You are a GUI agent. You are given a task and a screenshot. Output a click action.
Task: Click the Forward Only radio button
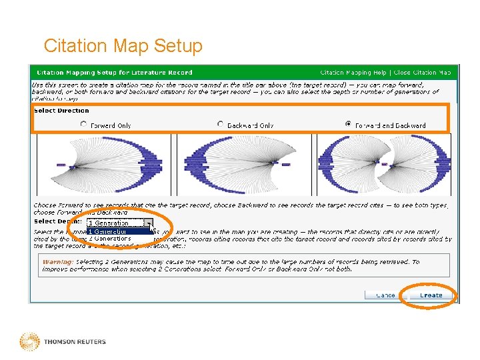tap(83, 124)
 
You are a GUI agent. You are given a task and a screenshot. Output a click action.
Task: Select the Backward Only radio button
tap(221, 124)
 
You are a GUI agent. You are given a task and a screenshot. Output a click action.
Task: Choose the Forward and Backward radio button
tap(349, 124)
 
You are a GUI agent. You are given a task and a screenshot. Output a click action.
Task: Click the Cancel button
tap(385, 295)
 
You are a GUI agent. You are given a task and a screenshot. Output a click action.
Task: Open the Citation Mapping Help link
tap(353, 73)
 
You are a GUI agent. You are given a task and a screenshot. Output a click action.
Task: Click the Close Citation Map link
tap(422, 73)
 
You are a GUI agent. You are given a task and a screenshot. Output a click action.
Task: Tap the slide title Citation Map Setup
tap(123, 46)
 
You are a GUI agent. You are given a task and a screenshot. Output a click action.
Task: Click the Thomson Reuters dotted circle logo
tap(29, 341)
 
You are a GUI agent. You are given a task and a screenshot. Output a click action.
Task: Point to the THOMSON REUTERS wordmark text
tap(75, 342)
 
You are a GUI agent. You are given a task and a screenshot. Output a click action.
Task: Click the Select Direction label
tap(61, 111)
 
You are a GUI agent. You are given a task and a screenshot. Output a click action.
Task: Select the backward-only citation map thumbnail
tap(243, 164)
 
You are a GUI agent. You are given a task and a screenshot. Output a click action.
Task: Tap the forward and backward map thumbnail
tap(384, 164)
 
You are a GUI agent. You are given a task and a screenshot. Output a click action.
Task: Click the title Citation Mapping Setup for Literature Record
tap(114, 73)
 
